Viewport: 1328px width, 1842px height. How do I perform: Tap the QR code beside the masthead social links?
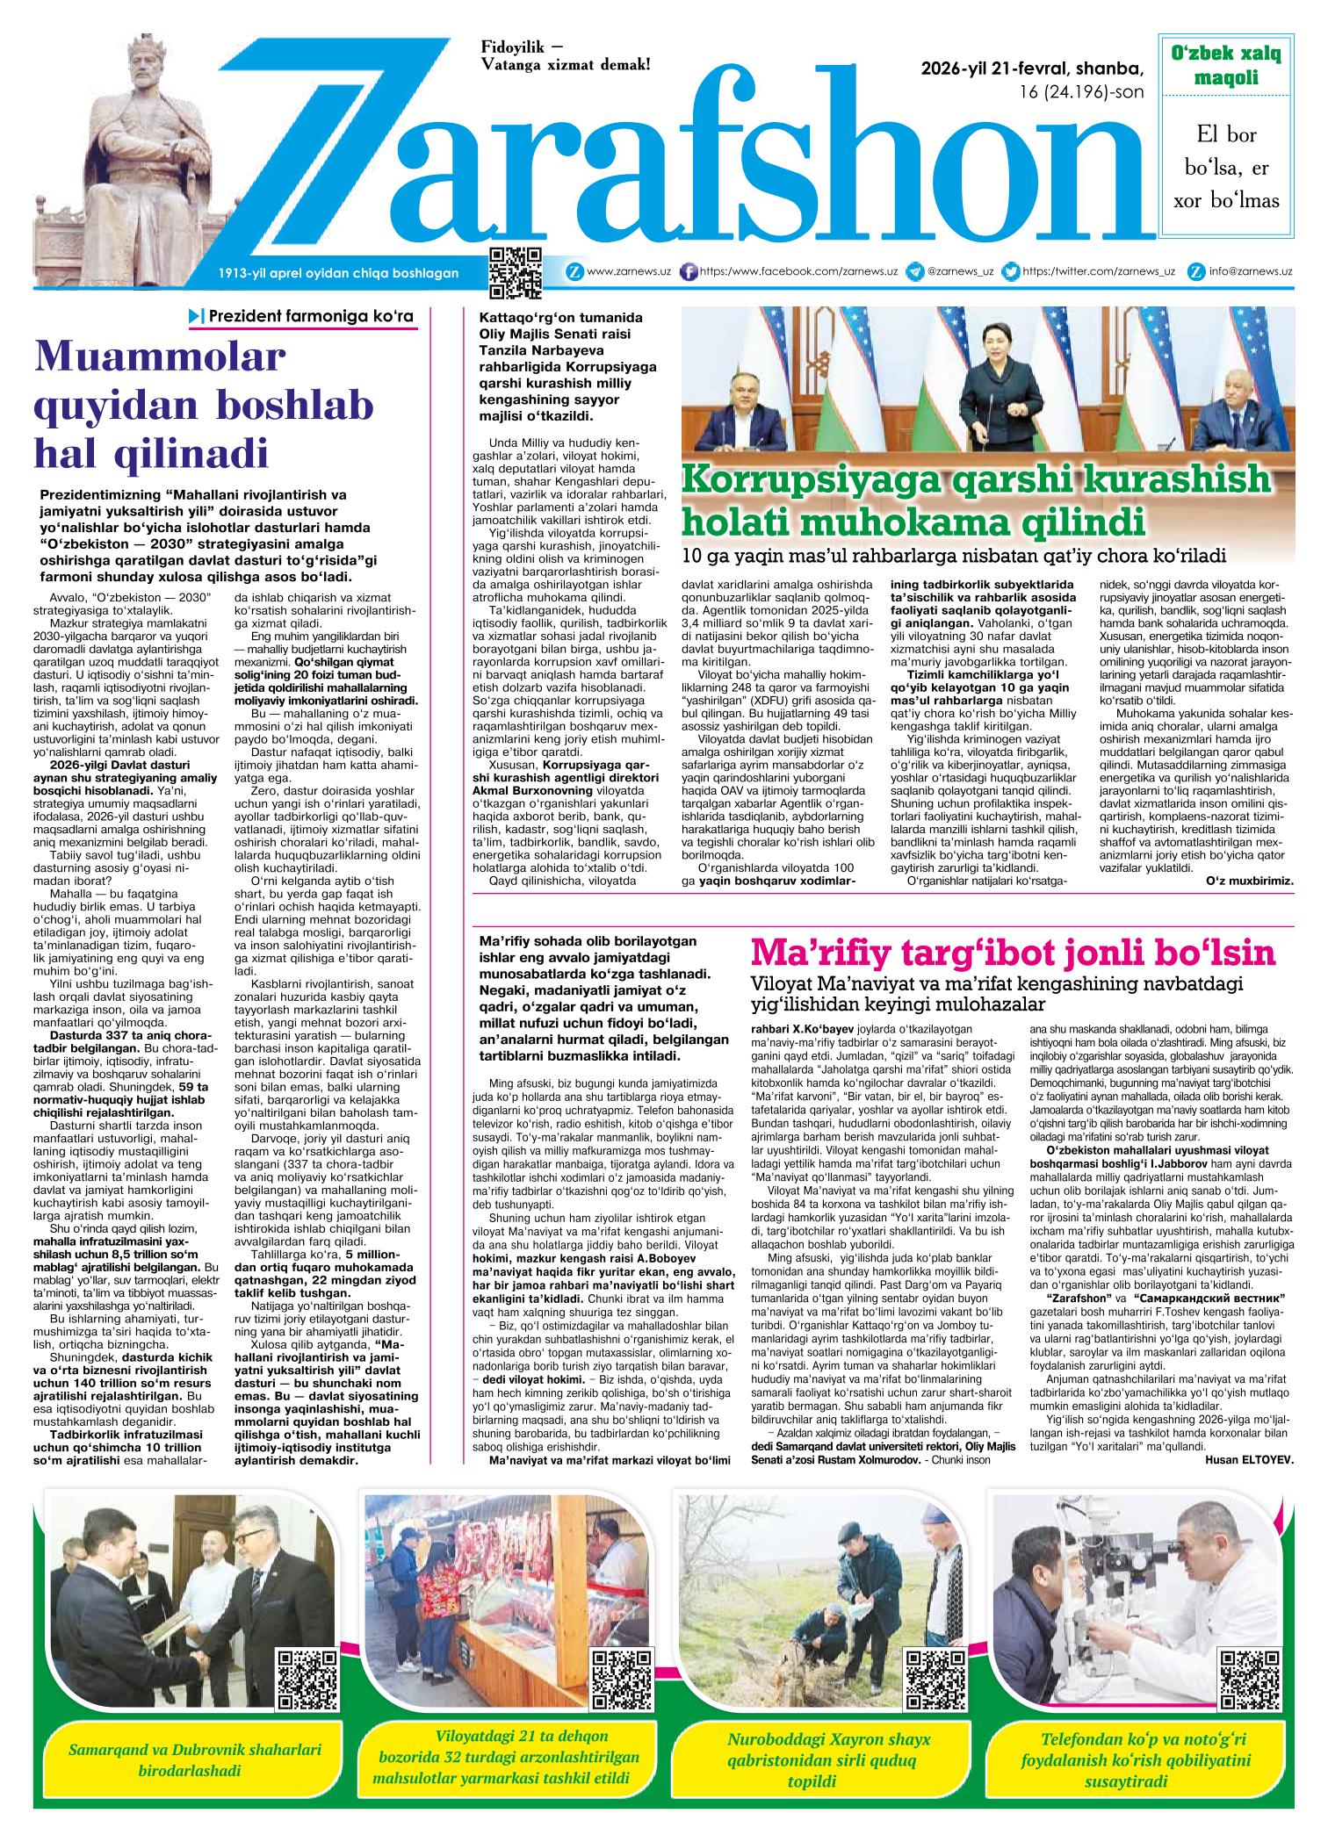pos(515,274)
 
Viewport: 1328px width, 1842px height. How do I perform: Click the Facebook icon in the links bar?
pos(689,272)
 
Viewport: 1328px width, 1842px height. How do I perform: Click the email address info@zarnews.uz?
pos(1250,272)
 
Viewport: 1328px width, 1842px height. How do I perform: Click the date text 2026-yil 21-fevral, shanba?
pos(1033,69)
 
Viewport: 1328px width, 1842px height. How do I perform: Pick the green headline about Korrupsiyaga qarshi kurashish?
pos(975,500)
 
